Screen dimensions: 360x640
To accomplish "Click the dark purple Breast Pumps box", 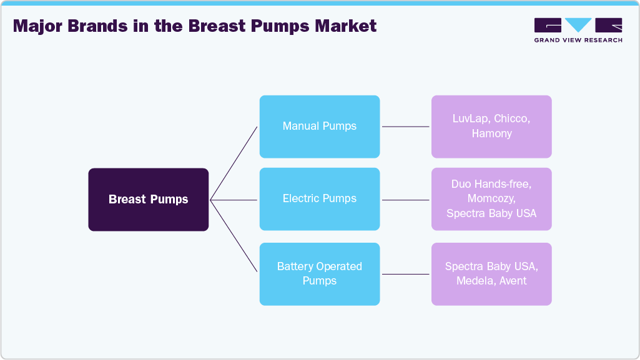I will click(x=148, y=200).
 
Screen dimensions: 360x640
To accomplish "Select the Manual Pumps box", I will click(x=319, y=126).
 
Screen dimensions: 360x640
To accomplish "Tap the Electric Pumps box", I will click(x=319, y=198).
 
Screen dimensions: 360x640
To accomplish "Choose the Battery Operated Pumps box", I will click(x=319, y=273).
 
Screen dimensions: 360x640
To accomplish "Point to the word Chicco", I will click(x=514, y=119).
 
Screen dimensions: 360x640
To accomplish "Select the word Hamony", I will click(x=491, y=134).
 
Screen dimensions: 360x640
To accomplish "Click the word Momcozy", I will click(x=491, y=198).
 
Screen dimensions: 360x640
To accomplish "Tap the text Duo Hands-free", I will click(x=491, y=184).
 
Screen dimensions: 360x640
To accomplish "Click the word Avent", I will click(x=513, y=281).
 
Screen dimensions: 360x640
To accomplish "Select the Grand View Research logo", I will click(x=578, y=30).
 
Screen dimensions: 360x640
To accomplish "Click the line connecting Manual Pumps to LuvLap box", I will click(x=405, y=127).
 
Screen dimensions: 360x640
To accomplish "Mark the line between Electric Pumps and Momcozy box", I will click(x=405, y=200).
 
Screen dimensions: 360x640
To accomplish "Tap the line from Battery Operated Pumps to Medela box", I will click(x=405, y=274).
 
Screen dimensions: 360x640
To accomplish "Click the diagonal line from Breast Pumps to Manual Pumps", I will click(x=234, y=163).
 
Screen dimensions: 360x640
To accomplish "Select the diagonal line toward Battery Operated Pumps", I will click(x=234, y=236).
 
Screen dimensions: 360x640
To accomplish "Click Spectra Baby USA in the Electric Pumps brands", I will click(x=491, y=213).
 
